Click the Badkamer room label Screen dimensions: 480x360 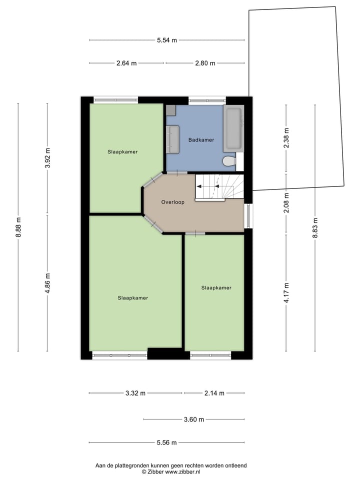tap(201, 140)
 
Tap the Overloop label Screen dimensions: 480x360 tap(173, 202)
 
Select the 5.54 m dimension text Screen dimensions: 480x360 tap(166, 40)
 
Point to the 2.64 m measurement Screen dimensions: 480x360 tap(126, 63)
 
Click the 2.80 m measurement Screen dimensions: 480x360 tap(205, 63)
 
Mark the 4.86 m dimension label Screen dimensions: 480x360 tap(47, 282)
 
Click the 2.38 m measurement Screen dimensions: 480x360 tap(286, 138)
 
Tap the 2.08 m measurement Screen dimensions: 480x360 tap(286, 203)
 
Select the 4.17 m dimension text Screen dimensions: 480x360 tap(286, 293)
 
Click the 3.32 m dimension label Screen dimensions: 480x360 tap(135, 393)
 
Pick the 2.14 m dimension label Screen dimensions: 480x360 tap(214, 393)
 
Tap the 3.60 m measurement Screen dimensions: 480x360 tap(194, 419)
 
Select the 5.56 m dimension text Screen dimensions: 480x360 tap(166, 442)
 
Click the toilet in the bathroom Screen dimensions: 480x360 tap(229, 161)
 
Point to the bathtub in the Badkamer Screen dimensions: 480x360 tap(233, 128)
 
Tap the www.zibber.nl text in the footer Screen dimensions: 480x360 tap(182, 471)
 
